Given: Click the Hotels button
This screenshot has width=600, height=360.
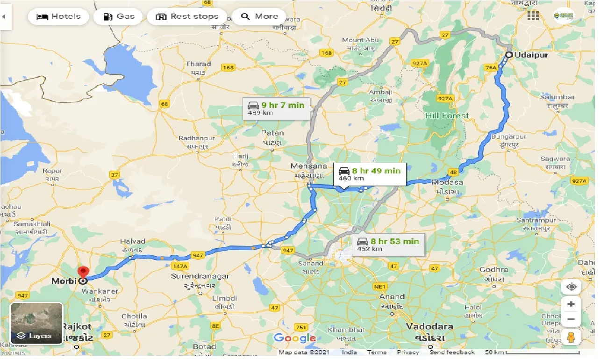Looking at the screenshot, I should coord(58,17).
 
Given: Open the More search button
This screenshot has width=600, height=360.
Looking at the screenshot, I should coord(260,17).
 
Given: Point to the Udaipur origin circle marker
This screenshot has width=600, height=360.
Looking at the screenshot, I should coord(508,55).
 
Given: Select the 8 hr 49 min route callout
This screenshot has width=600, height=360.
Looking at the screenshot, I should coord(370,174).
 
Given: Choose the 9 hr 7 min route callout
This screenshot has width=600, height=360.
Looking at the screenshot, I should coord(277,108).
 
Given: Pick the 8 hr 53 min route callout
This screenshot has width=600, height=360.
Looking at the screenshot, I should coord(388,245).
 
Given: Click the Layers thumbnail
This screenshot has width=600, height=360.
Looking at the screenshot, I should coord(36,323).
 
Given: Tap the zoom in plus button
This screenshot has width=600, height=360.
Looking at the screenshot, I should coord(571,304).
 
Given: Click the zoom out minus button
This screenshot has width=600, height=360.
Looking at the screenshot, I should coord(571,320).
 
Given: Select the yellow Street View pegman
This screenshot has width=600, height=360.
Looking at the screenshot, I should coord(571,338).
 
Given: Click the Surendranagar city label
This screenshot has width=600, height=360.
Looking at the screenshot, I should coord(200,276).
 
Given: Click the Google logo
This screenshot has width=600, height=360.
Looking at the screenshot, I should coord(294,338).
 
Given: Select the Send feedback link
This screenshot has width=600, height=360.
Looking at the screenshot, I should coord(452,353).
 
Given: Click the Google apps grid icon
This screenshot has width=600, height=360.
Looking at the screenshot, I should coord(533,16).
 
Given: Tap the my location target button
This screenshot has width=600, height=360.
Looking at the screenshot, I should coord(571,287).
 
